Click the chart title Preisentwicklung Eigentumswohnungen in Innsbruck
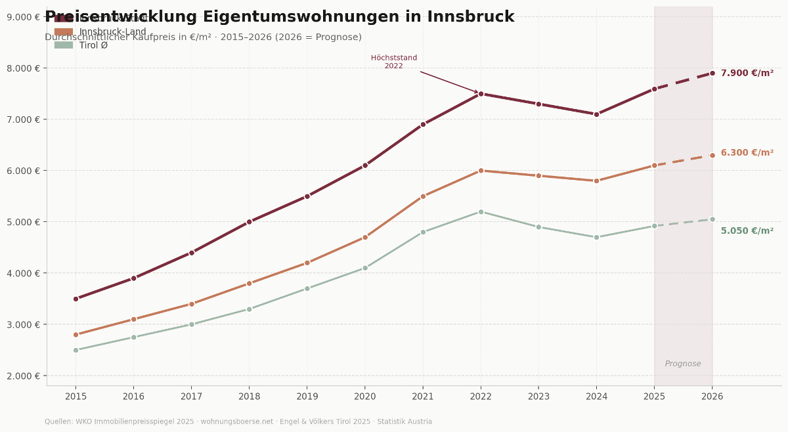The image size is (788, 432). pyautogui.click(x=279, y=17)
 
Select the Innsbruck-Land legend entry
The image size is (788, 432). pyautogui.click(x=112, y=32)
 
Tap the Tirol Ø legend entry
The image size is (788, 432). pyautogui.click(x=93, y=45)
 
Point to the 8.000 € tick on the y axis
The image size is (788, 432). pyautogui.click(x=23, y=68)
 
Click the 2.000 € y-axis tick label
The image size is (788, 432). pyautogui.click(x=23, y=376)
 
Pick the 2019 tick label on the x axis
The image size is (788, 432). pyautogui.click(x=307, y=397)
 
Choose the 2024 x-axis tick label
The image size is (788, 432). pyautogui.click(x=596, y=397)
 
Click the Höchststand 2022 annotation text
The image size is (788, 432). pyautogui.click(x=394, y=62)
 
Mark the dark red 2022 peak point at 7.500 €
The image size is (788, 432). pyautogui.click(x=481, y=94)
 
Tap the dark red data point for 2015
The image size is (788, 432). pyautogui.click(x=76, y=299)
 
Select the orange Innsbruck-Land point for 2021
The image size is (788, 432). pyautogui.click(x=423, y=196)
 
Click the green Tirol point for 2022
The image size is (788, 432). pyautogui.click(x=481, y=212)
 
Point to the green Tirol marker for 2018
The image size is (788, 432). pyautogui.click(x=249, y=309)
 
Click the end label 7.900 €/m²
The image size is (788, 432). pyautogui.click(x=747, y=74)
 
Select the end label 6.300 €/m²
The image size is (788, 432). pyautogui.click(x=747, y=153)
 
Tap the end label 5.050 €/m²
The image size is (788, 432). pyautogui.click(x=747, y=231)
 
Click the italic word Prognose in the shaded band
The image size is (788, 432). pyautogui.click(x=683, y=364)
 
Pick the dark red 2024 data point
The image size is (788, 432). pyautogui.click(x=596, y=114)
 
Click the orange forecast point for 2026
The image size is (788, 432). pyautogui.click(x=712, y=156)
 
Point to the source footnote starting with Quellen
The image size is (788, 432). pyautogui.click(x=238, y=421)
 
